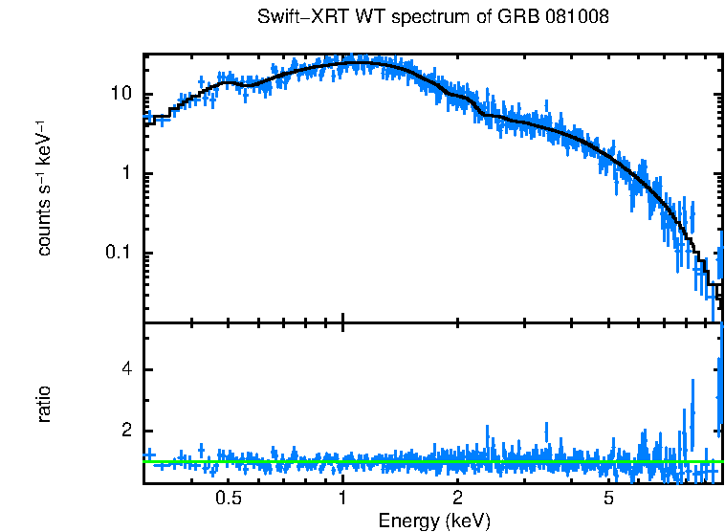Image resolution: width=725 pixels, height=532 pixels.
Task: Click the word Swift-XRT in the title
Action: [298, 18]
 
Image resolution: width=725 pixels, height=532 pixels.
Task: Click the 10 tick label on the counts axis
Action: [121, 95]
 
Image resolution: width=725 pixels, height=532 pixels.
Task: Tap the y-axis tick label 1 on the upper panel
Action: [126, 174]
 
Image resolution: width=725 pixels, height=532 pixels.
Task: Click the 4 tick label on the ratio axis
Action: [126, 370]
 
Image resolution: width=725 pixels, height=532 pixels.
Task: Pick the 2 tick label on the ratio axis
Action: [126, 432]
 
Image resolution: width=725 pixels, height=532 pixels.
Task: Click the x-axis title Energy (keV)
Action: [434, 521]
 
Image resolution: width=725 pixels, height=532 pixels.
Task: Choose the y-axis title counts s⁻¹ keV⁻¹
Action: [44, 188]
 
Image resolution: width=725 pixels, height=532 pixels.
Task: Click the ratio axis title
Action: [44, 403]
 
